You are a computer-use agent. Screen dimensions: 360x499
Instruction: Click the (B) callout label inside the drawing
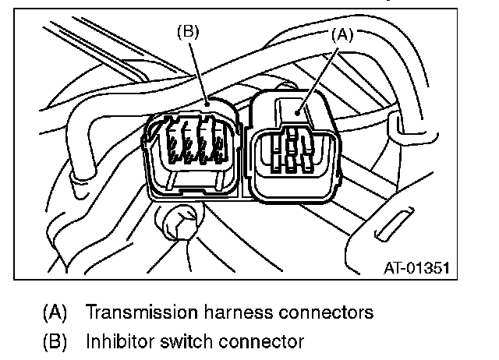click(189, 32)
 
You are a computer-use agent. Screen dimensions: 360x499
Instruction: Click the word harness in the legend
click(232, 312)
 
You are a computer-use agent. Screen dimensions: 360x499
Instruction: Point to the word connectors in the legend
click(322, 312)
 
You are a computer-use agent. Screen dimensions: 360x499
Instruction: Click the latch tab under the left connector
click(192, 189)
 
